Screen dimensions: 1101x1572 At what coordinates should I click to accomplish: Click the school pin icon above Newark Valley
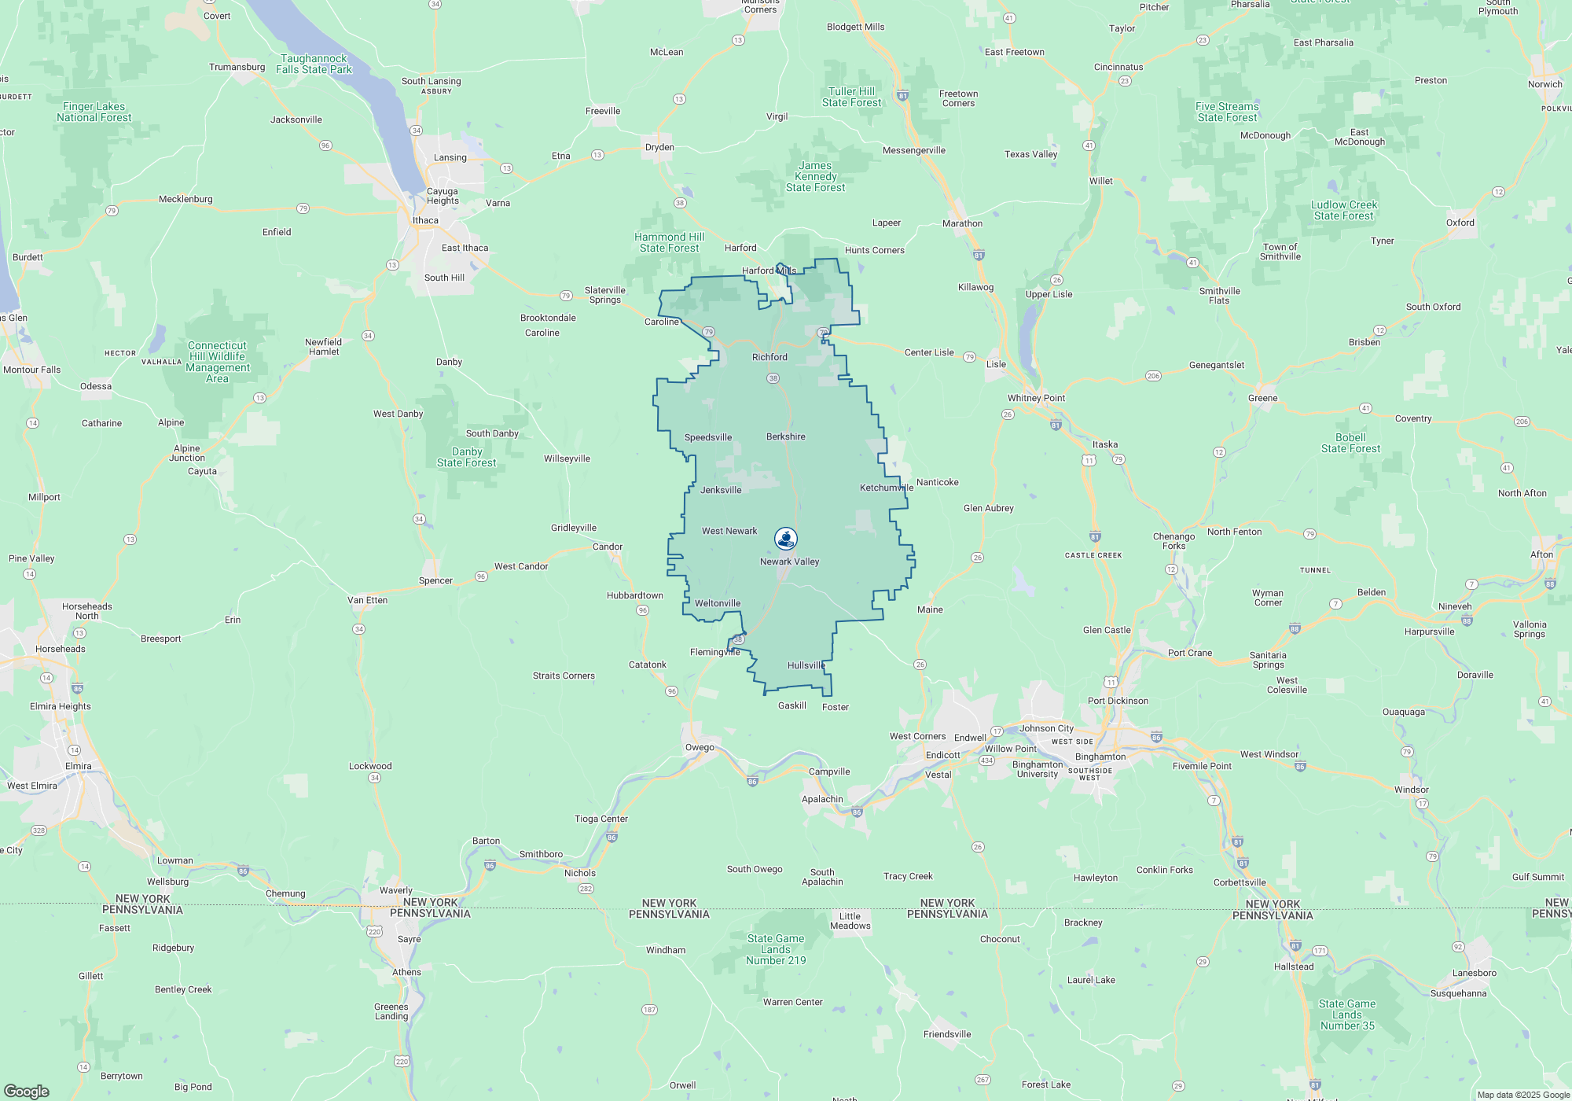tap(786, 539)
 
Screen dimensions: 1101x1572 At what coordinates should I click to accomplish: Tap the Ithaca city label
tap(425, 220)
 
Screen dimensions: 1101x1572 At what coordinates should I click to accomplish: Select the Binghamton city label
tap(1100, 757)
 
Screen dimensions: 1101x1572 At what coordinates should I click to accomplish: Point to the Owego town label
tap(700, 747)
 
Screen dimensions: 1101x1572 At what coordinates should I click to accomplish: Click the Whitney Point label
tap(1036, 398)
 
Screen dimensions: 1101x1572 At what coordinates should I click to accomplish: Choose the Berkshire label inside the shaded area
tap(785, 436)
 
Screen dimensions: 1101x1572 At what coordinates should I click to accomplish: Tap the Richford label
tap(769, 357)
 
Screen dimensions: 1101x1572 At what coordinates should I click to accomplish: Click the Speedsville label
tap(707, 437)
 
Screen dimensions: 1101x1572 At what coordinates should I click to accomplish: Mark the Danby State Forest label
tap(466, 457)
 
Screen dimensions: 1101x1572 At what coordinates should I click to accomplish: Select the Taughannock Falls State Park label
tap(314, 64)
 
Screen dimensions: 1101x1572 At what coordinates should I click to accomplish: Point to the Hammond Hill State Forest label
tap(669, 242)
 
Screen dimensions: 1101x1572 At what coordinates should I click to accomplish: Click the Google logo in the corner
tap(27, 1091)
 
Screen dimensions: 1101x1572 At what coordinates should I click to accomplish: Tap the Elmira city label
tap(78, 766)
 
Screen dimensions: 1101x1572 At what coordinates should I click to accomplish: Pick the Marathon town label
tap(962, 223)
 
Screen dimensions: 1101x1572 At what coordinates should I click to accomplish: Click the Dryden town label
tap(659, 147)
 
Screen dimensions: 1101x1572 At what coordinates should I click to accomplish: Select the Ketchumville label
tap(886, 488)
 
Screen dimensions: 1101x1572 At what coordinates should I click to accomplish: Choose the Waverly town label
tap(396, 890)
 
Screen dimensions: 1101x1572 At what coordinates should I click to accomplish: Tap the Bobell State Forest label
tap(1350, 443)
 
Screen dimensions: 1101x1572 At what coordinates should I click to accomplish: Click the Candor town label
tap(607, 547)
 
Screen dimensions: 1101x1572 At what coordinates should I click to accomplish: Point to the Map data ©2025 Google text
tap(1522, 1095)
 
